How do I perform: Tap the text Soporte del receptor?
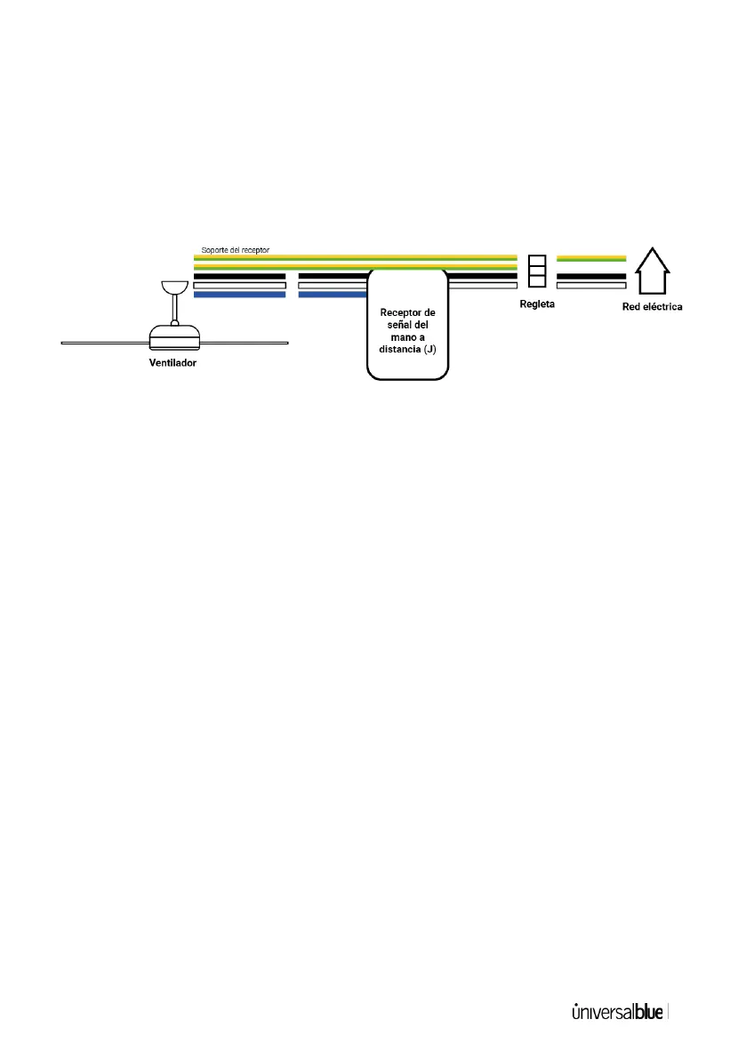(236, 251)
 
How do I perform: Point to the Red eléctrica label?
(653, 307)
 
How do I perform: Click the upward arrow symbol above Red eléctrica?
(652, 271)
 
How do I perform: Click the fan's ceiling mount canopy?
(174, 287)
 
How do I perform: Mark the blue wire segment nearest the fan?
(239, 295)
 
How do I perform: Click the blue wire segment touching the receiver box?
(333, 295)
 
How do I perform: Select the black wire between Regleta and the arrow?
(591, 276)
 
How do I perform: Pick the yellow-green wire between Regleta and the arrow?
(591, 258)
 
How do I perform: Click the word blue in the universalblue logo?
(649, 1013)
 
